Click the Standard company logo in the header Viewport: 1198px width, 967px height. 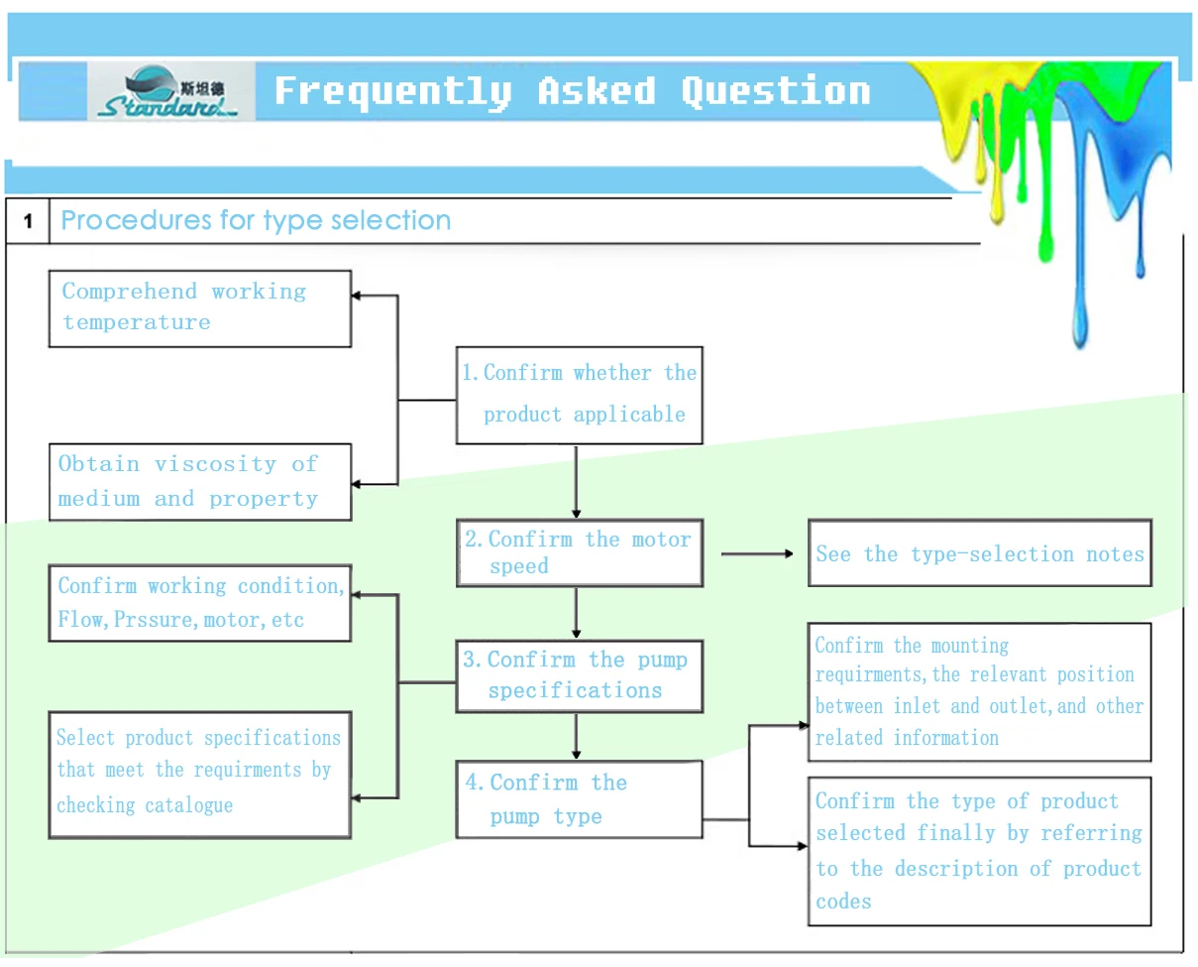[170, 92]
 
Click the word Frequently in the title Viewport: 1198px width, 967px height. [392, 91]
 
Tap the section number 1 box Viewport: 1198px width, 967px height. [28, 221]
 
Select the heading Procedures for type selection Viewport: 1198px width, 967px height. [256, 220]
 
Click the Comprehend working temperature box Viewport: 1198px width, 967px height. [199, 308]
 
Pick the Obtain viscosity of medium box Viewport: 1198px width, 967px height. [199, 482]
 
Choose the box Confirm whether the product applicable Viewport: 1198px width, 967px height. [579, 395]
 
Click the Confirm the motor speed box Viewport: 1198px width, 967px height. [579, 552]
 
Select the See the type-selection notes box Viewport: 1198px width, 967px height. [979, 553]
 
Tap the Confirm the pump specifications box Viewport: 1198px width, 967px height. [579, 676]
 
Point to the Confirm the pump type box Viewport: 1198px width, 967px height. [579, 799]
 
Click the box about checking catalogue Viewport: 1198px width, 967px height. [199, 774]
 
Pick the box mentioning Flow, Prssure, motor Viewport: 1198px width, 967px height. [199, 603]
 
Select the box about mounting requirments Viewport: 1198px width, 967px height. [979, 691]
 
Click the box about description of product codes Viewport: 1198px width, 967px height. [979, 851]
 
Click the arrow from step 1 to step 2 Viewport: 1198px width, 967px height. [576, 481]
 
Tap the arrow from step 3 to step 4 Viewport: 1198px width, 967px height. [576, 736]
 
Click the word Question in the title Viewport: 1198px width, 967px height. [775, 91]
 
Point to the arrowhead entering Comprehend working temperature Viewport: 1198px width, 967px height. [361, 296]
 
